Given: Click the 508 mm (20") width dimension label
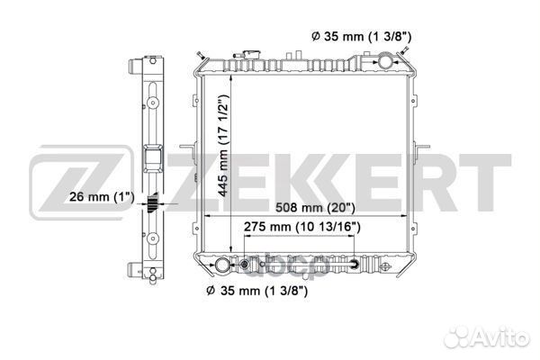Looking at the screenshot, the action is pyautogui.click(x=315, y=207).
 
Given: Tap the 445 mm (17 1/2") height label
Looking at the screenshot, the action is pyautogui.click(x=224, y=146).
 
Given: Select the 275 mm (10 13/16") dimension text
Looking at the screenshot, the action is pyautogui.click(x=302, y=227).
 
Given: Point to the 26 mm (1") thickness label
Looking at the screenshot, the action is pyautogui.click(x=102, y=197).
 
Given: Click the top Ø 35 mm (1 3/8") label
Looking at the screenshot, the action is pyautogui.click(x=361, y=36).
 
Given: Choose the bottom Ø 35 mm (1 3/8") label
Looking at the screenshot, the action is pyautogui.click(x=256, y=291).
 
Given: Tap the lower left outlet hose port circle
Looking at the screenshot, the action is pyautogui.click(x=222, y=265).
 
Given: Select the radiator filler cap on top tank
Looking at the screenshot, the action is pyautogui.click(x=251, y=55).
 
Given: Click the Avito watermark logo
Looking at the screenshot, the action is pyautogui.click(x=487, y=337).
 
